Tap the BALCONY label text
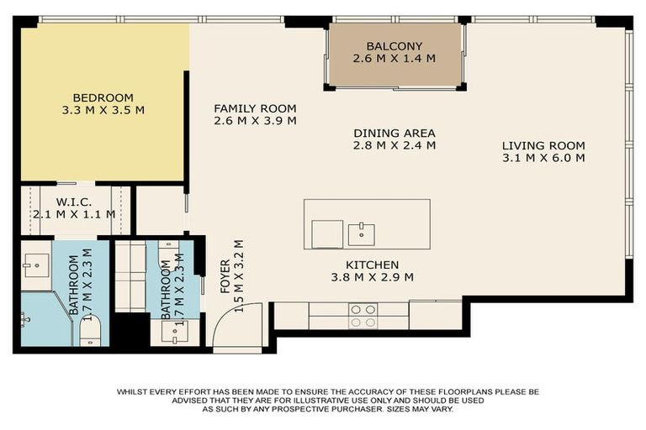pos(394,46)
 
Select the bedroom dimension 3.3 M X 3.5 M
pos(103,110)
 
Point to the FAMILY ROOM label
pos(255,108)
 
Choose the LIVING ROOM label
pos(543,145)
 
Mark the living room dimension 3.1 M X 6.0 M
pos(543,158)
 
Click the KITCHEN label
pos(366,265)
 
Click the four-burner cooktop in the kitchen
pos(363,315)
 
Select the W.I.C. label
pos(74,202)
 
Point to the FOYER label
pos(225,277)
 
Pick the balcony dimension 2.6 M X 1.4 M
pos(394,59)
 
